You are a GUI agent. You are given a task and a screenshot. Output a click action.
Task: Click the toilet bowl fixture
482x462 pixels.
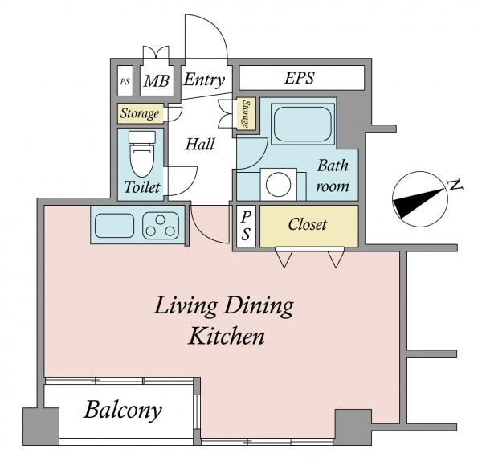[x=141, y=153]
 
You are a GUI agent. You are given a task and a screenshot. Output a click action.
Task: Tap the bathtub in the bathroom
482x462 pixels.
[x=303, y=124]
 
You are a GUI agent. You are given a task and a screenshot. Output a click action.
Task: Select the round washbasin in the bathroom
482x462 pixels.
[x=278, y=185]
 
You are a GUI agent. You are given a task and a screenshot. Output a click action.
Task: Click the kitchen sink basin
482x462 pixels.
[x=114, y=225]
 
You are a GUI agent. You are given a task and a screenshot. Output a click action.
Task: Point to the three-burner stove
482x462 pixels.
[x=161, y=226]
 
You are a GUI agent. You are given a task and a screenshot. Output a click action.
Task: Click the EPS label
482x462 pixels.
[x=300, y=78]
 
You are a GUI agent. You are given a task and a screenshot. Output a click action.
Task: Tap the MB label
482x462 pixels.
[x=156, y=81]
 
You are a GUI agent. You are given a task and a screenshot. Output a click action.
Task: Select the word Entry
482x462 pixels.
[x=204, y=80]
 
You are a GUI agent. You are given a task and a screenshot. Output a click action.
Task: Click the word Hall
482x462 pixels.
[x=200, y=144]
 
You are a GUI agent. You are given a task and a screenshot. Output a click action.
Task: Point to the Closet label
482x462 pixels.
[x=308, y=224]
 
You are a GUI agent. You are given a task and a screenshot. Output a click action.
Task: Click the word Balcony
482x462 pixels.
[x=123, y=410]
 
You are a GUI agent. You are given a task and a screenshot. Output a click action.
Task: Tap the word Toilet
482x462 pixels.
[x=142, y=187]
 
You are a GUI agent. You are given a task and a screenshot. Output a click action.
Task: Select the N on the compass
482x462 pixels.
[x=455, y=185]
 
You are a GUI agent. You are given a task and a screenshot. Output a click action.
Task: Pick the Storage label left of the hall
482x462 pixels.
[x=140, y=113]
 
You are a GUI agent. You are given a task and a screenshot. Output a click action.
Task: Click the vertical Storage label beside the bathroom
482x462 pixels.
[x=245, y=113]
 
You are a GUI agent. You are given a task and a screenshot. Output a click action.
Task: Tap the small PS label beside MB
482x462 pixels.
[x=125, y=81]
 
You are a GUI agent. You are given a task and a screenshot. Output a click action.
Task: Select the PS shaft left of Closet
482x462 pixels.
[x=246, y=226]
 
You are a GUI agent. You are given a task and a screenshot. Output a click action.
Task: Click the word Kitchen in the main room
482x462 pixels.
[x=227, y=337]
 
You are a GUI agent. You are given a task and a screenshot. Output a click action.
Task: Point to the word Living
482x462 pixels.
[x=185, y=306]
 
